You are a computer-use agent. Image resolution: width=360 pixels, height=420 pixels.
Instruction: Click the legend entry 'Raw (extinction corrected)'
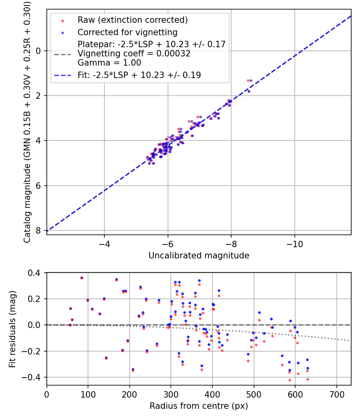[x=132, y=20]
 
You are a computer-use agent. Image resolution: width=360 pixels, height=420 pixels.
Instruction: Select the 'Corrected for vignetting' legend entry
[x=127, y=32]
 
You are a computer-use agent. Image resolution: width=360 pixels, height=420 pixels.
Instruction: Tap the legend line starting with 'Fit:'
[x=139, y=75]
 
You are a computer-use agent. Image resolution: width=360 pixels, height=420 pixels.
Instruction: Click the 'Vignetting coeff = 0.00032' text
[x=134, y=54]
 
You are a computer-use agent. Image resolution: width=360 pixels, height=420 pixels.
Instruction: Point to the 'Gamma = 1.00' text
[x=109, y=63]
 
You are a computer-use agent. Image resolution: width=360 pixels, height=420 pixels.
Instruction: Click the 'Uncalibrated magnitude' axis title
[x=199, y=256]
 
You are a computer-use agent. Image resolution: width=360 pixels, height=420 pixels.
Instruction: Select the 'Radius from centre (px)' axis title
[x=199, y=406]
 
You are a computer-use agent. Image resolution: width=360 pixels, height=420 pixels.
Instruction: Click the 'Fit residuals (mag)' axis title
[x=12, y=329]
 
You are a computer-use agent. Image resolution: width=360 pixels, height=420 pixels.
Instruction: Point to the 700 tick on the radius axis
[x=336, y=394]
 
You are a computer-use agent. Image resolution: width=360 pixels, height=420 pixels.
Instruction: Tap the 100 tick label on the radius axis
[x=88, y=394]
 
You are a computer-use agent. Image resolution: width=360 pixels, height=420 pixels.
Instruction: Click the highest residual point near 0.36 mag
[x=82, y=278]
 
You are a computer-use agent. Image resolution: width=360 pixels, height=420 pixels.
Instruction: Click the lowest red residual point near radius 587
[x=290, y=380]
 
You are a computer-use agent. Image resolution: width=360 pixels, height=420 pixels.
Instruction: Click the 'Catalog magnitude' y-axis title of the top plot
[x=27, y=122]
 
